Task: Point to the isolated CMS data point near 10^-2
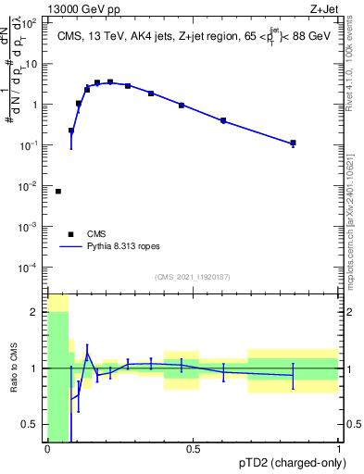(x=58, y=192)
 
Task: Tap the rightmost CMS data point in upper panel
(x=293, y=143)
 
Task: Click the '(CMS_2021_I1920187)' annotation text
(x=193, y=277)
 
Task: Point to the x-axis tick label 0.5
(x=193, y=448)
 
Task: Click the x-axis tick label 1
(x=339, y=448)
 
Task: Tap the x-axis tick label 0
(x=47, y=448)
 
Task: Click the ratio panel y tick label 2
(x=35, y=312)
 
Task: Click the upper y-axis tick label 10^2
(x=30, y=23)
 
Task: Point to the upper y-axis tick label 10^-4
(x=30, y=268)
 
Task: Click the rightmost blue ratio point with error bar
(x=293, y=375)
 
